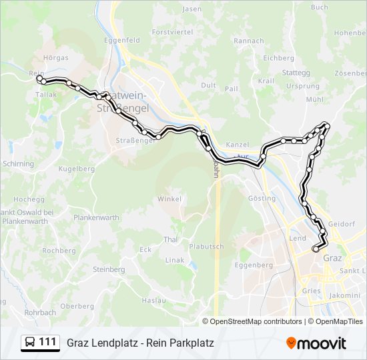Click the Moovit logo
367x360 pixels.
click(316, 343)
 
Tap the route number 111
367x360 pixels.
click(47, 342)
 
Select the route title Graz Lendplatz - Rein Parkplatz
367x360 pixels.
click(140, 343)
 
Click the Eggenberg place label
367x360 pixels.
click(255, 265)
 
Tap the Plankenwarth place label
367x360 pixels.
click(96, 217)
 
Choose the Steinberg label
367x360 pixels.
click(109, 269)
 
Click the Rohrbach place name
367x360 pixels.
click(40, 312)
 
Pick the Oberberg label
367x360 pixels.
click(77, 306)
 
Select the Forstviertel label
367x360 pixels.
click(172, 31)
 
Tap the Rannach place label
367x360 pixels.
click(249, 41)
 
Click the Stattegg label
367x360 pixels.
click(296, 72)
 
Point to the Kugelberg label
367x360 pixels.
click(77, 169)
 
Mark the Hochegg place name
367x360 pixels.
click(29, 199)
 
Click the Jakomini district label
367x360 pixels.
click(345, 294)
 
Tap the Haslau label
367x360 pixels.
click(153, 301)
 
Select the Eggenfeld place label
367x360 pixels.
click(122, 40)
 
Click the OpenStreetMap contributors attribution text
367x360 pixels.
click(256, 321)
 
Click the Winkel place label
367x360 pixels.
click(169, 199)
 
